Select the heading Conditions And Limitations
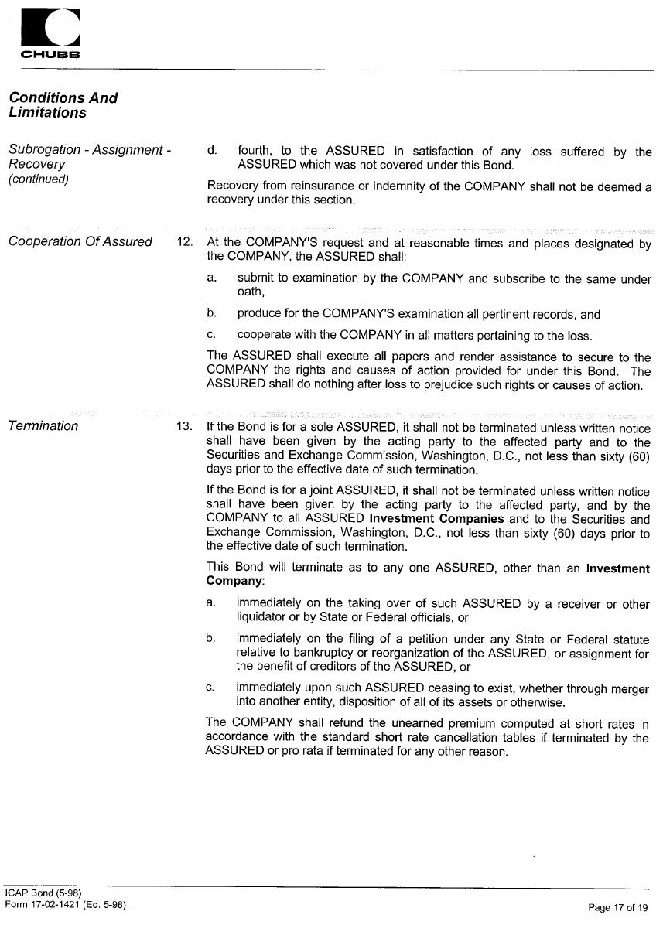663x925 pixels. tap(63, 105)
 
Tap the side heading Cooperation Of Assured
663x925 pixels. tap(80, 241)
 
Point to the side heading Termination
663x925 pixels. tap(43, 425)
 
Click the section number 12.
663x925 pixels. tap(185, 242)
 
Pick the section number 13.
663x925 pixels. tap(185, 426)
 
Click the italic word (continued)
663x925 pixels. tap(39, 179)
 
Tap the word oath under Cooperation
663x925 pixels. tap(251, 292)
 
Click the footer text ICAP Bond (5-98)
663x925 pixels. tap(43, 893)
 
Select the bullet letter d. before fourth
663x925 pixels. tap(212, 151)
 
